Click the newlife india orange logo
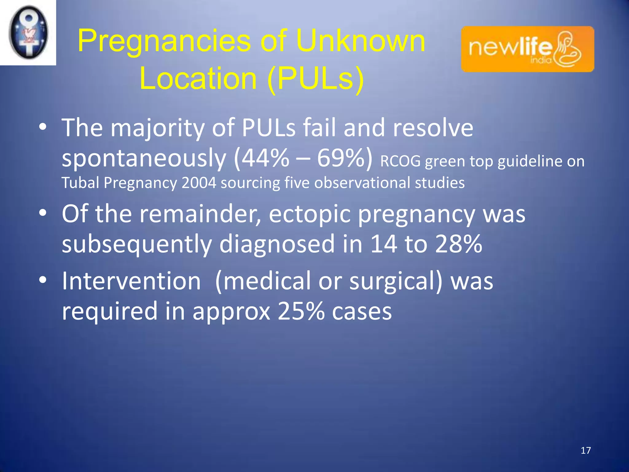pyautogui.click(x=527, y=49)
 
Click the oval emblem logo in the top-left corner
pyautogui.click(x=28, y=32)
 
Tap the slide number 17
pyautogui.click(x=586, y=450)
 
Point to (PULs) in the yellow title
pyautogui.click(x=316, y=79)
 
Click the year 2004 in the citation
pyautogui.click(x=199, y=183)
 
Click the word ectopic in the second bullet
pyautogui.click(x=310, y=214)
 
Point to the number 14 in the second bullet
pyautogui.click(x=383, y=244)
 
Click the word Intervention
pyautogui.click(x=131, y=281)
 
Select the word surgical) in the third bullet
pyautogui.click(x=396, y=281)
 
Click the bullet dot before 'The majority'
pyautogui.click(x=43, y=127)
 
